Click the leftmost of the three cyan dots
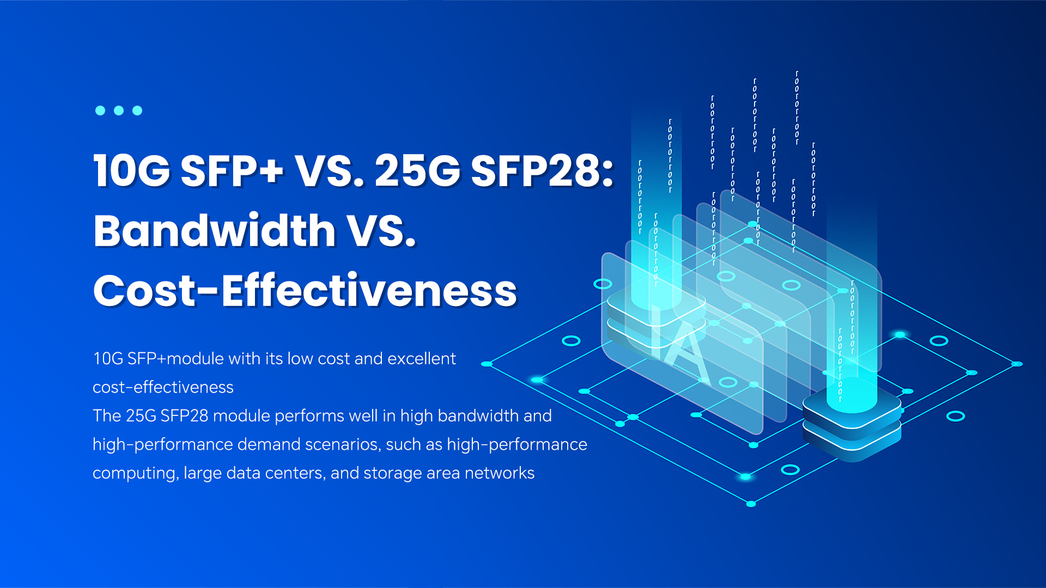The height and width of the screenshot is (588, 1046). coord(100,111)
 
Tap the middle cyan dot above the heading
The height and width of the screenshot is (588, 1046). coord(119,111)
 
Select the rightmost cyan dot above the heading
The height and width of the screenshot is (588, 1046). coord(137,111)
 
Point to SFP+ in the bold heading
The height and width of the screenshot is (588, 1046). coord(232,170)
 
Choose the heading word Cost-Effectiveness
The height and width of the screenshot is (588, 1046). coord(305,290)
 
